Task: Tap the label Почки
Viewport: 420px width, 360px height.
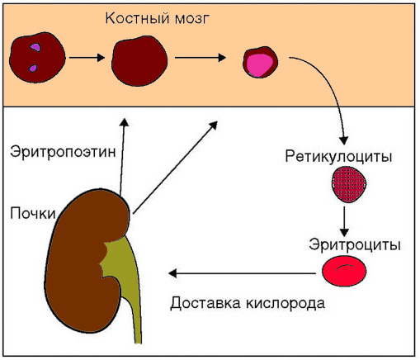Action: [x=32, y=213]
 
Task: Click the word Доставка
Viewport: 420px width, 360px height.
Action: [x=205, y=301]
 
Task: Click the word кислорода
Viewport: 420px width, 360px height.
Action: [x=284, y=301]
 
